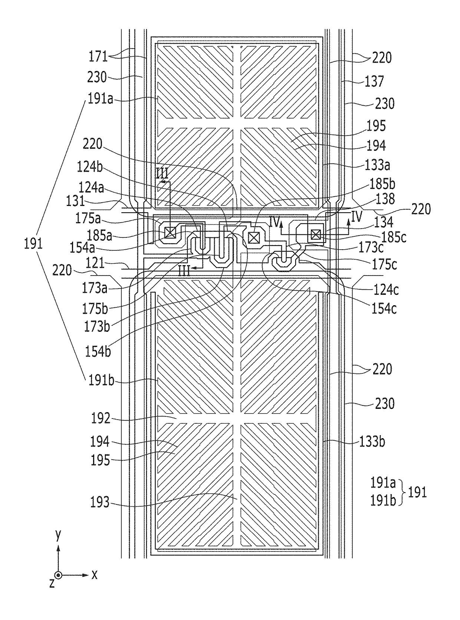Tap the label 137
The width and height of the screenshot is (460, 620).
pyautogui.click(x=374, y=81)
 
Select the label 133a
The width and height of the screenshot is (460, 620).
pyautogui.click(x=377, y=165)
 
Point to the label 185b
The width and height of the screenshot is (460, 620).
pyautogui.click(x=382, y=184)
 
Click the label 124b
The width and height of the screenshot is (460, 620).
pyautogui.click(x=90, y=167)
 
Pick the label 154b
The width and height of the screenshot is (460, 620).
pyautogui.click(x=98, y=351)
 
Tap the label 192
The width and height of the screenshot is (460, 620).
pyautogui.click(x=101, y=419)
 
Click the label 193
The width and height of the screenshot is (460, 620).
pyautogui.click(x=100, y=502)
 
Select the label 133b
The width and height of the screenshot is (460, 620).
pyautogui.click(x=372, y=442)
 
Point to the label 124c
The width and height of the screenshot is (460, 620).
pyautogui.click(x=386, y=290)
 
